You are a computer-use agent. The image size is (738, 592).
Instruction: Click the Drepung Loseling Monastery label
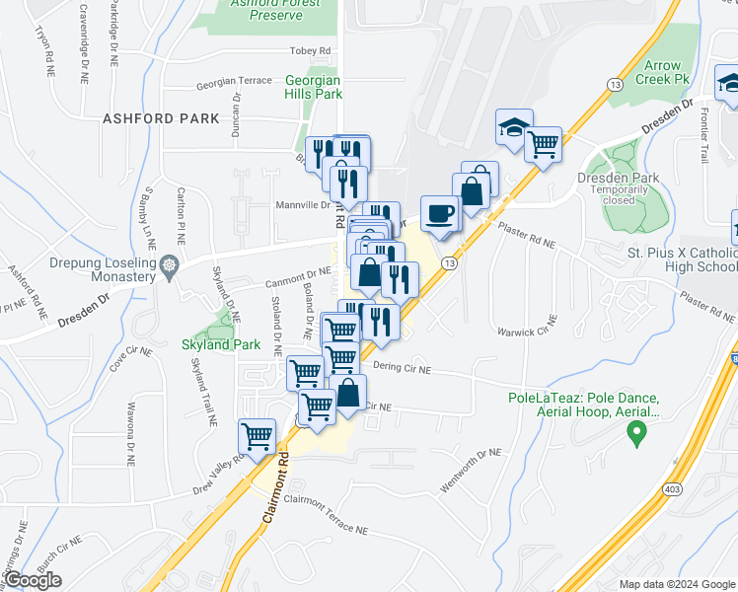tap(103, 269)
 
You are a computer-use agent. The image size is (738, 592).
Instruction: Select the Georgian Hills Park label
tap(313, 87)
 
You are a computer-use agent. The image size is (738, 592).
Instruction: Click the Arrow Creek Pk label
tap(665, 72)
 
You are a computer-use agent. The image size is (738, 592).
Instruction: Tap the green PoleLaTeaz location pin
tap(636, 430)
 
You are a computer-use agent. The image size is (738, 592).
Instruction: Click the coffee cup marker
tap(440, 213)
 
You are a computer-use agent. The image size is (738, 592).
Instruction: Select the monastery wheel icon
tap(171, 264)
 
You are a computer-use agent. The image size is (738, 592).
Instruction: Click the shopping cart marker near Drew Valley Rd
tap(258, 435)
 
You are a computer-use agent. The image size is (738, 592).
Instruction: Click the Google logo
tap(33, 580)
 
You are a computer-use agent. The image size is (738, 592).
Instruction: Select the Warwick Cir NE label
tap(526, 332)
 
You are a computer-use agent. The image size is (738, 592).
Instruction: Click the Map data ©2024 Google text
tap(676, 584)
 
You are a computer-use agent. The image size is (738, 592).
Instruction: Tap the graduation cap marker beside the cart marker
tap(514, 126)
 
